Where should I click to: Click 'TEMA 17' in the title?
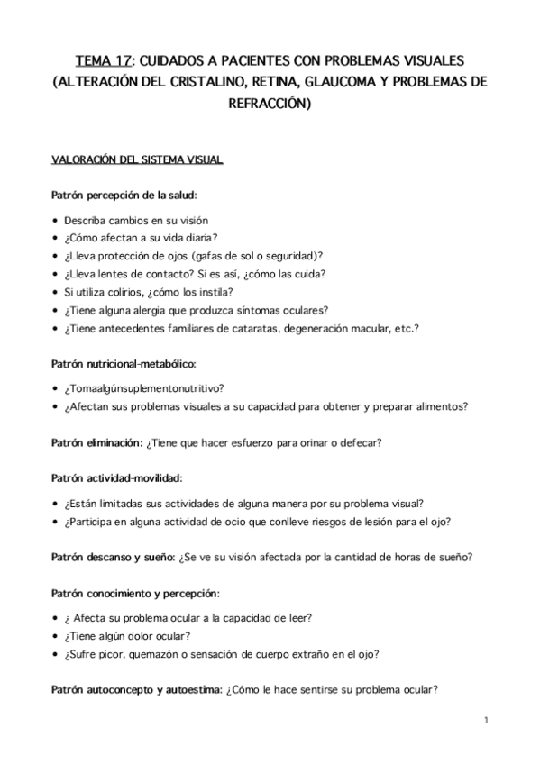point(103,61)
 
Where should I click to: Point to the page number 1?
point(485,720)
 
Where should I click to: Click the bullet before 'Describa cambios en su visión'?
point(56,221)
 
